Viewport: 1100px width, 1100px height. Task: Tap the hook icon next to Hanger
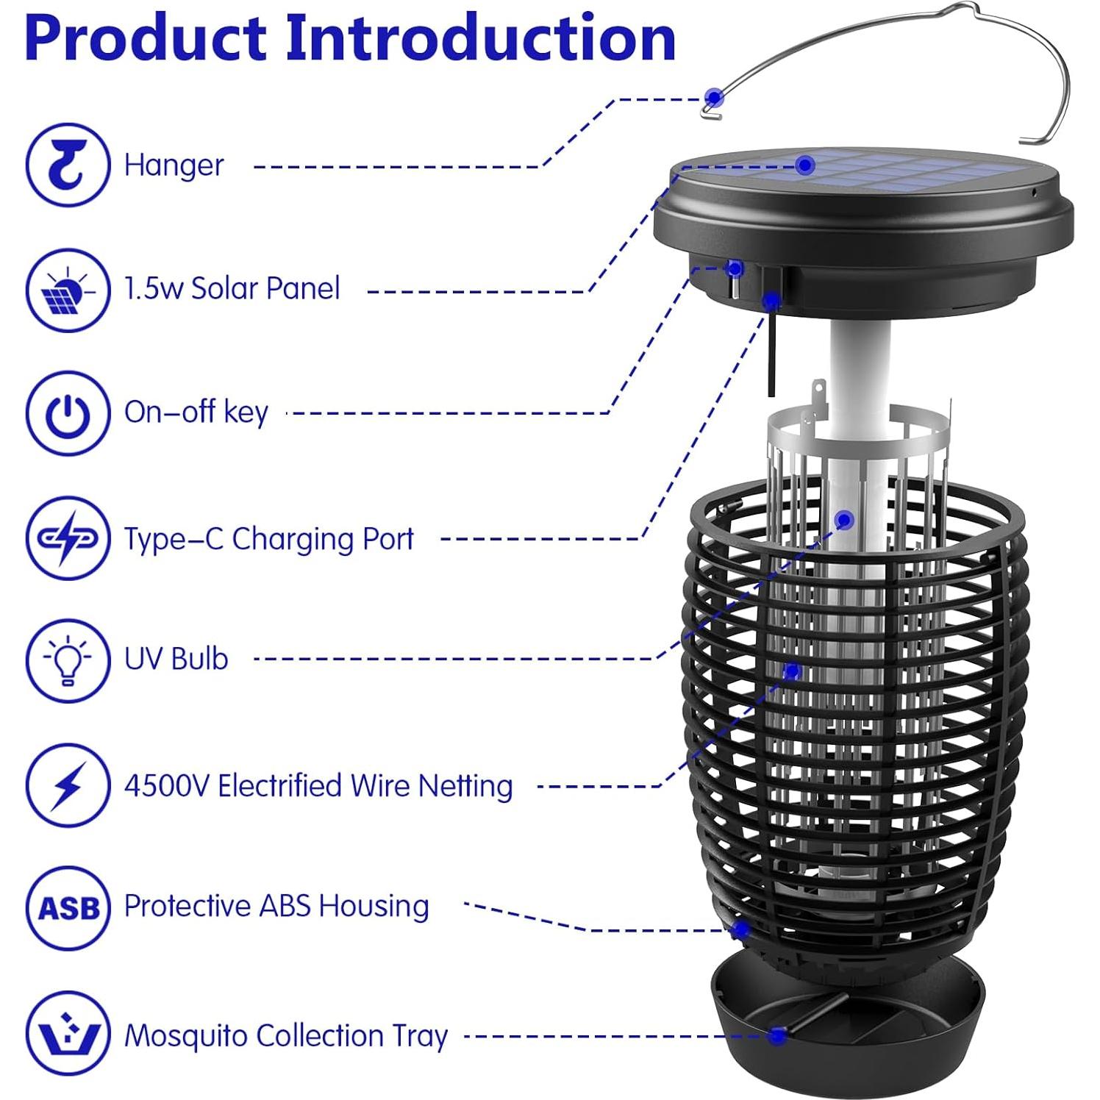pos(68,165)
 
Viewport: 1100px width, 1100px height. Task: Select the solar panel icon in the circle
pos(68,290)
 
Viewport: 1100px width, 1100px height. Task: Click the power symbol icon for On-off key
pos(68,413)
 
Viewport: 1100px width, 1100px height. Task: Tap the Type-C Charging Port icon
pos(68,538)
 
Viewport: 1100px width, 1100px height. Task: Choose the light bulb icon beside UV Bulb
pos(68,660)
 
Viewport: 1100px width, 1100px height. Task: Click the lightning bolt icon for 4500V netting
pos(68,785)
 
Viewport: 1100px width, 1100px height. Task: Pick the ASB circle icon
pos(68,909)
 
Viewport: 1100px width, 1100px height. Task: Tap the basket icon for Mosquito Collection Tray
pos(68,1034)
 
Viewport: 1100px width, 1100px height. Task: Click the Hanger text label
pos(174,165)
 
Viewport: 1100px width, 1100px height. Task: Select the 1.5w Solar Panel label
pos(232,288)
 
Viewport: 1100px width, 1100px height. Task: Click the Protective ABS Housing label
pos(276,906)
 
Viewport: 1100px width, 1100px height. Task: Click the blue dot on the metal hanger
pos(713,98)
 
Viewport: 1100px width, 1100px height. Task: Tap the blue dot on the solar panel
pos(805,165)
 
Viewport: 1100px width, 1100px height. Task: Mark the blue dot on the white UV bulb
pos(845,521)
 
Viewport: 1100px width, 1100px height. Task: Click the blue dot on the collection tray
pos(776,1036)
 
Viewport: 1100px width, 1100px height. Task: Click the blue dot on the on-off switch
pos(734,268)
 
